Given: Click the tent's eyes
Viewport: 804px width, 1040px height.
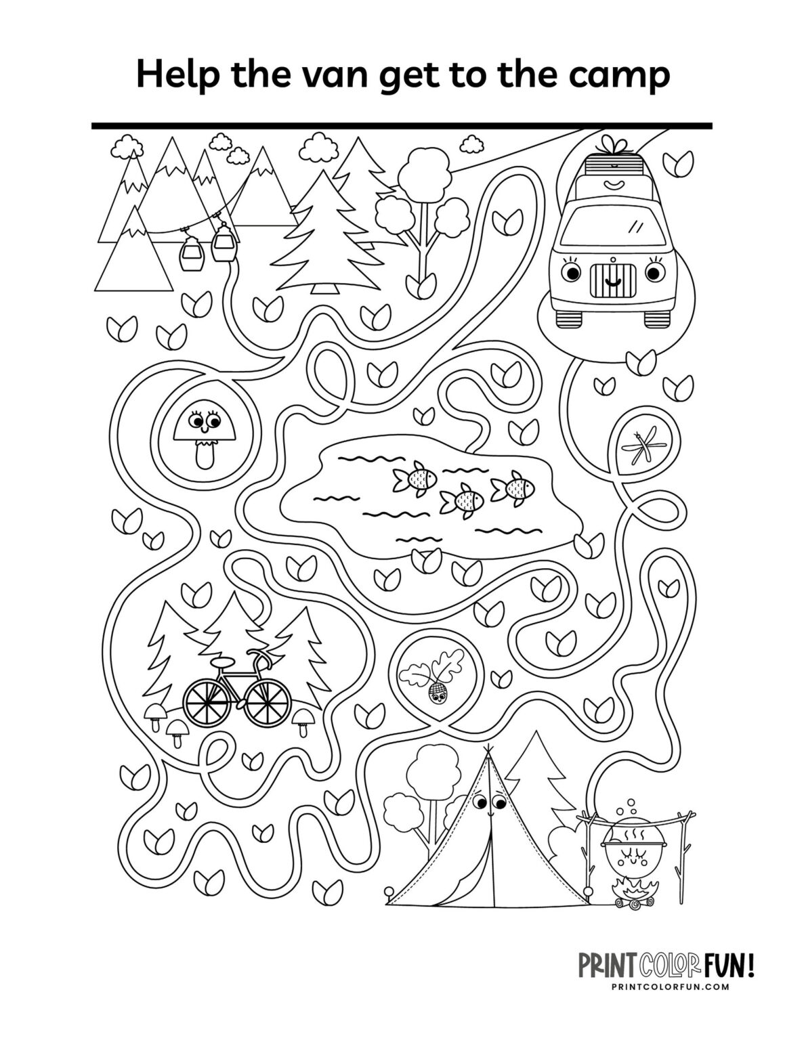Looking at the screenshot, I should point(489,802).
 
